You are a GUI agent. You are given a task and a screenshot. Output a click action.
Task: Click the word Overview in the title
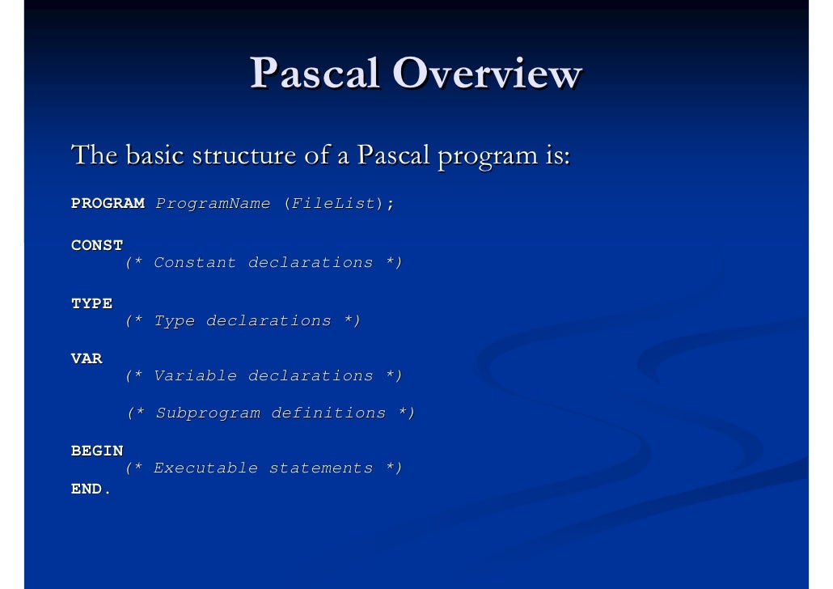(487, 74)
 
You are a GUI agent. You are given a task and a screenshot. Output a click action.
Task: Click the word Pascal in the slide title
(315, 74)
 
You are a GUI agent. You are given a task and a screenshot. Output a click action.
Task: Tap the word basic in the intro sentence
(154, 155)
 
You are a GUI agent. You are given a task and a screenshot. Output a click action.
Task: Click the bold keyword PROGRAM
(108, 204)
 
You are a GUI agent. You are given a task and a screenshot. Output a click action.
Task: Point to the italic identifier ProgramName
(213, 204)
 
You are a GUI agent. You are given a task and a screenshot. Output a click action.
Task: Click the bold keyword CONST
(97, 245)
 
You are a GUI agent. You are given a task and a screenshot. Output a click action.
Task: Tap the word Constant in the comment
(195, 263)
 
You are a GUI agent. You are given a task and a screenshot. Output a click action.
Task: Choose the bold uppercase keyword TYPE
(91, 303)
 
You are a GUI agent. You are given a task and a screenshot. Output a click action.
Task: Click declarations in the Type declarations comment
(269, 321)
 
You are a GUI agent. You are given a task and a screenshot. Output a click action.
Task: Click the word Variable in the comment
(195, 376)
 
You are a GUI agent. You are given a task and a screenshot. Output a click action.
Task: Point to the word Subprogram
(208, 413)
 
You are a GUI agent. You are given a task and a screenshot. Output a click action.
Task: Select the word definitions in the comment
(328, 413)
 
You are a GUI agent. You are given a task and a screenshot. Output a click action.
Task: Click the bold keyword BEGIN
(97, 451)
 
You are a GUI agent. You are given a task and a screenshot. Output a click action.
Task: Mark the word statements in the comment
(320, 468)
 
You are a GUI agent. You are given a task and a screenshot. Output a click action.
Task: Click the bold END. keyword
(91, 489)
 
